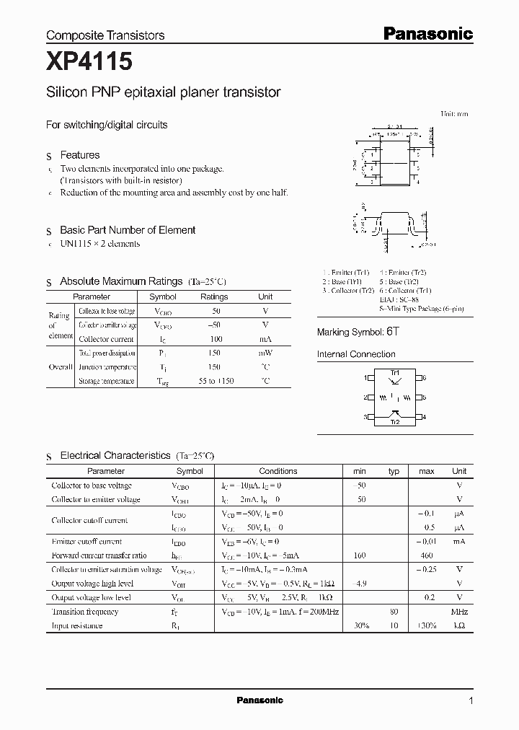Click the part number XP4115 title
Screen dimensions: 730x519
tap(89, 63)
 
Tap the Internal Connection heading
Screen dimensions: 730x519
tap(356, 354)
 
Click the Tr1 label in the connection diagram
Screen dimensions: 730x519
tap(394, 371)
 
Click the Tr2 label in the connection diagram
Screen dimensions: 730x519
tap(394, 423)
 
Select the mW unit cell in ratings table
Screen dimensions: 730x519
tap(265, 353)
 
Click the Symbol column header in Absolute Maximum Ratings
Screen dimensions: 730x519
tap(162, 296)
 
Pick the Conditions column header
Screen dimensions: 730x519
tap(278, 471)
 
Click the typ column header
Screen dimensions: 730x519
tap(394, 471)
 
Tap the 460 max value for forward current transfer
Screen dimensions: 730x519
tap(426, 555)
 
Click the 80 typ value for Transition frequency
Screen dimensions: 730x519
tap(394, 612)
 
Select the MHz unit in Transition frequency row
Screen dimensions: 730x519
tap(458, 612)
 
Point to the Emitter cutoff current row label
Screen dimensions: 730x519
tap(86, 541)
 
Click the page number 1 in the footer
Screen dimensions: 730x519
tap(471, 700)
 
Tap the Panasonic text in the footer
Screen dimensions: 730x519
tap(259, 700)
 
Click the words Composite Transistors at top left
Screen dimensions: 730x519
tap(105, 35)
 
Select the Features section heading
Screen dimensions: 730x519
tap(79, 155)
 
